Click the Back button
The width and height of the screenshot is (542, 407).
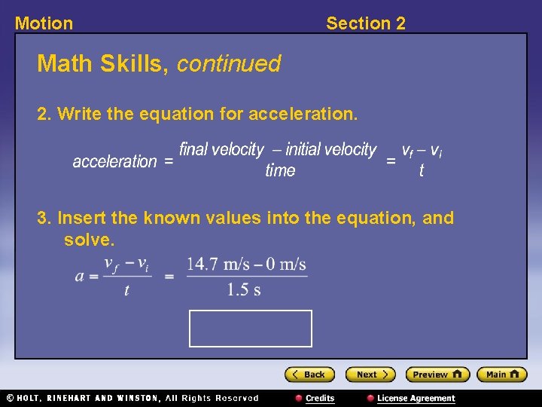[309, 375]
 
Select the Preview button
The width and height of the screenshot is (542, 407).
[437, 375]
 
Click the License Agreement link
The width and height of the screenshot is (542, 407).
[416, 398]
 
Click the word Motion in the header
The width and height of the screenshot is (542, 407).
[44, 23]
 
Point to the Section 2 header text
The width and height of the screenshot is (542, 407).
[365, 23]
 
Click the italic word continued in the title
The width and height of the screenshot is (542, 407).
[229, 64]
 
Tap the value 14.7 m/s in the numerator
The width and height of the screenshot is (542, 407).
[218, 265]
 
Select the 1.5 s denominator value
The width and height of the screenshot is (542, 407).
[244, 290]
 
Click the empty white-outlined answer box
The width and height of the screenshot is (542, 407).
[250, 329]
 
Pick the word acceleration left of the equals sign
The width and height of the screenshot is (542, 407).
[114, 161]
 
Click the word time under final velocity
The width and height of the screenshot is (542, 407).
[280, 171]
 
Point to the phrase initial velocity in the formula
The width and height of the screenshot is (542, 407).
[330, 149]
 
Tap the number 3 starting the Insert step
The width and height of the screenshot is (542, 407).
[42, 219]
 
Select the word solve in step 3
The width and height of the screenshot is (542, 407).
[87, 240]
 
